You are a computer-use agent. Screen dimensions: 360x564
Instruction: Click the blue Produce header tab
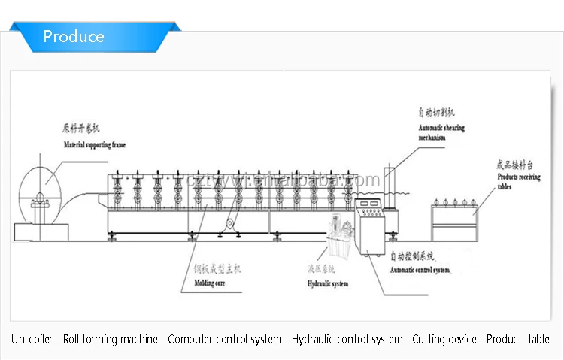74,36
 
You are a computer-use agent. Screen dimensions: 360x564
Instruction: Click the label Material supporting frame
94,144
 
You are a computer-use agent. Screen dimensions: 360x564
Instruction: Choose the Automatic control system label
420,270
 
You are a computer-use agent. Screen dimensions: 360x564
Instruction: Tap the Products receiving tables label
518,181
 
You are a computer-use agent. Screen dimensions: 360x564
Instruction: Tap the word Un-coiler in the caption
32,340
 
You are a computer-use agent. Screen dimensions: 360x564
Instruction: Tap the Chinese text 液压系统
320,268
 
